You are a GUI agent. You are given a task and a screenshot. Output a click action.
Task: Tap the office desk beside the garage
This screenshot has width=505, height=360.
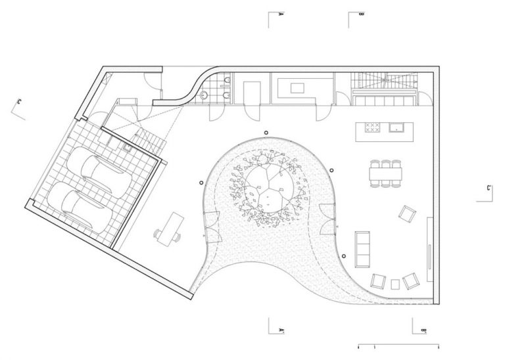pos(173,227)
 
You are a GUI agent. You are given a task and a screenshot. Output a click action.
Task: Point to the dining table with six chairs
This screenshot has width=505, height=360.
pos(385,174)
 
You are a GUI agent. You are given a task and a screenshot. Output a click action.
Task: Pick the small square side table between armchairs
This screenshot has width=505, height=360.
pos(395,284)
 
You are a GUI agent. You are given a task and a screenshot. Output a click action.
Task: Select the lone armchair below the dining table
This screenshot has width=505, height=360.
pos(408,214)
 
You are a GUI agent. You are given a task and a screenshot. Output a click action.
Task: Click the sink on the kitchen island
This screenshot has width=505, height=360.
pos(397,127)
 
